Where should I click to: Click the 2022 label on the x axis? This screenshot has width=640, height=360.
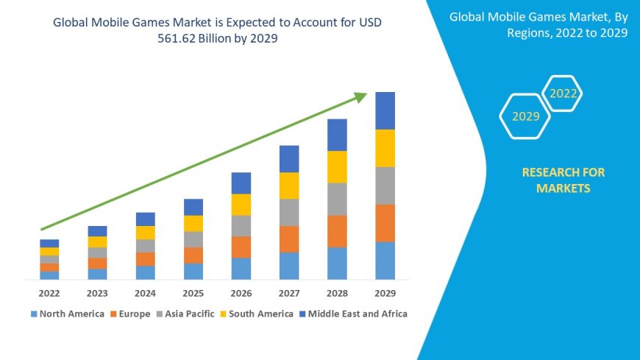[49, 293]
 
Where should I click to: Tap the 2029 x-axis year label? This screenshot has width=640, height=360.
[385, 293]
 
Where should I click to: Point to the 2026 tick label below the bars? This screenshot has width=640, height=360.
[241, 293]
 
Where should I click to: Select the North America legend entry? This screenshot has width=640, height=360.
[67, 314]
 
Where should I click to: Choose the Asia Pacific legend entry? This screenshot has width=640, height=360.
[185, 314]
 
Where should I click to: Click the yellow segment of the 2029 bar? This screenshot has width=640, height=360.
[385, 148]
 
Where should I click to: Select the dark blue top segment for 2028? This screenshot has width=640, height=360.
[337, 135]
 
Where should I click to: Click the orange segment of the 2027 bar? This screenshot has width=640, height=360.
[289, 239]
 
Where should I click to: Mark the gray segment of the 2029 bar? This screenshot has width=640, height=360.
[385, 186]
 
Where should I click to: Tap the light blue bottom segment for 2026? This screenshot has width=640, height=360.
[241, 269]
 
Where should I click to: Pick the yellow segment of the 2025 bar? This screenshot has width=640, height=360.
[193, 223]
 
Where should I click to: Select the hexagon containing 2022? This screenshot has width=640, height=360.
[563, 93]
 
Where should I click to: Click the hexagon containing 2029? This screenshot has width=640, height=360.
[525, 116]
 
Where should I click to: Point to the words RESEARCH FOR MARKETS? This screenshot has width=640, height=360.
[563, 180]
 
